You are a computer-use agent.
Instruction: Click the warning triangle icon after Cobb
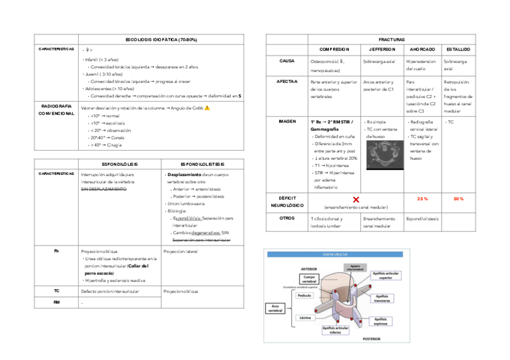point(207,108)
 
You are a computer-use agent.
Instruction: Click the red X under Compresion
point(356,199)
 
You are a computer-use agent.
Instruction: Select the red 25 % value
point(422,199)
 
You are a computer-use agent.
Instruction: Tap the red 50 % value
point(459,199)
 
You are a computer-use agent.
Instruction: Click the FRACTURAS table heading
point(392,38)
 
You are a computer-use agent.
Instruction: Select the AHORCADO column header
point(422,49)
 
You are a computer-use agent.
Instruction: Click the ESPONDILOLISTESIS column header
point(203,163)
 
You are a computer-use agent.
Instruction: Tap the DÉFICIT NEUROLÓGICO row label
point(286,201)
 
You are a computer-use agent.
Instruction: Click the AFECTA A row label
point(287,81)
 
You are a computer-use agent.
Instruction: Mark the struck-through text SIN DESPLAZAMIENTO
point(103,189)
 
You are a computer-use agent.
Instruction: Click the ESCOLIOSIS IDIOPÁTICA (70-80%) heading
point(161,39)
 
